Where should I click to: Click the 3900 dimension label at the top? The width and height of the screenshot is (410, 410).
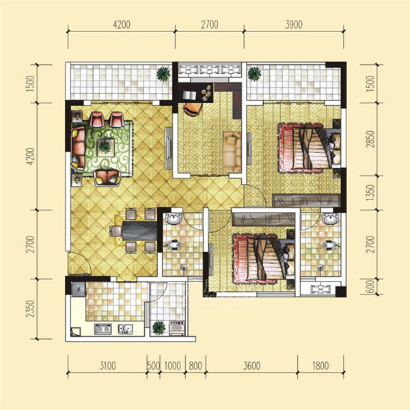click(294, 25)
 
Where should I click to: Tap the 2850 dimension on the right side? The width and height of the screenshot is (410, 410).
click(370, 139)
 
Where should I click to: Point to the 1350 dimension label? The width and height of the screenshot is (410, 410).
click(370, 193)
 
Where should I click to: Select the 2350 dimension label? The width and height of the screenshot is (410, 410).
click(31, 309)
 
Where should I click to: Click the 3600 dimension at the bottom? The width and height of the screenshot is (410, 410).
click(251, 366)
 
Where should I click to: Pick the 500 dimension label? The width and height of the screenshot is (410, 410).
click(154, 366)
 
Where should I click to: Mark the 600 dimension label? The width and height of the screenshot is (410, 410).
click(371, 286)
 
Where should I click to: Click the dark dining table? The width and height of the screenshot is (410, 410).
click(139, 230)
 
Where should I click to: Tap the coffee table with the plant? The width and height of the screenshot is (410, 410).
click(106, 148)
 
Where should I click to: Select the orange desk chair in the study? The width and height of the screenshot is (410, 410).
click(193, 109)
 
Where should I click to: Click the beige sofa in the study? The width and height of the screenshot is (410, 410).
click(232, 152)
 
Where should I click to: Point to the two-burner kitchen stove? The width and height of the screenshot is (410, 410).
click(102, 329)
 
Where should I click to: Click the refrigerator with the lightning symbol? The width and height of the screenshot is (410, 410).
click(78, 289)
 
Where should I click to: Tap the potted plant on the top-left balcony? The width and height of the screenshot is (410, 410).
click(163, 74)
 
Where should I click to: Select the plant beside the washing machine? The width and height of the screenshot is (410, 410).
click(159, 328)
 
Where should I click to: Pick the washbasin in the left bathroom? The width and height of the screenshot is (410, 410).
click(174, 219)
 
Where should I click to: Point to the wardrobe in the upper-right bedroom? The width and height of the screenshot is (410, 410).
click(306, 201)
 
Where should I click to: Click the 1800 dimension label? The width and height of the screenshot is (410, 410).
click(320, 366)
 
